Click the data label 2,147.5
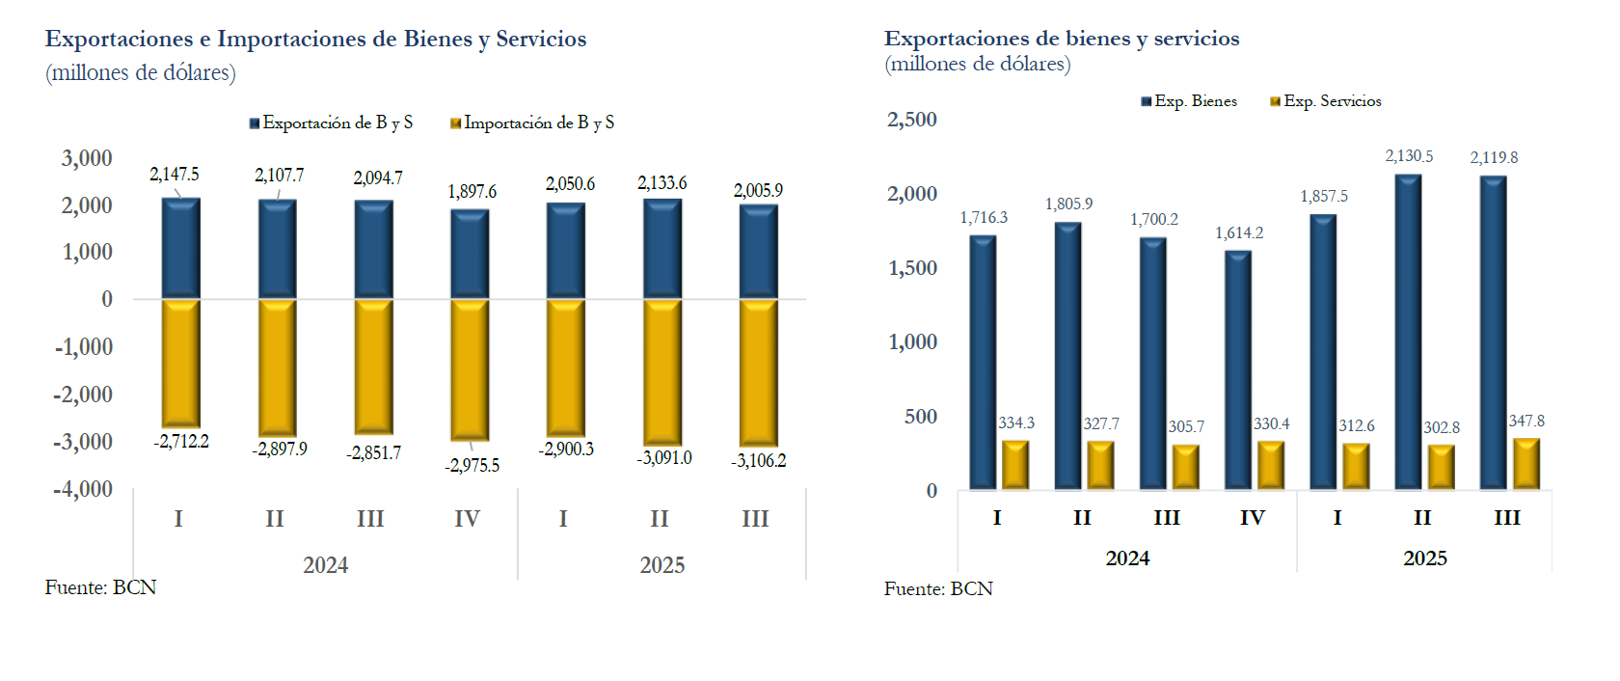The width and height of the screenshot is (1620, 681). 175,175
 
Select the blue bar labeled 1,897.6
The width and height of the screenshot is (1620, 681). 470,254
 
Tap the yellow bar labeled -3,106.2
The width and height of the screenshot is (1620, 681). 759,371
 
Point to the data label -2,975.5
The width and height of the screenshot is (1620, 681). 472,466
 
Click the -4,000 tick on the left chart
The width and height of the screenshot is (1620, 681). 83,489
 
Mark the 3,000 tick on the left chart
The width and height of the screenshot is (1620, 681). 87,158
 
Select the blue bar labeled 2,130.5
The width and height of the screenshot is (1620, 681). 1408,332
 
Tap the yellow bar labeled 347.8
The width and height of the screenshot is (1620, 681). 1526,464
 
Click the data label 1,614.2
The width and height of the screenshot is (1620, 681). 1239,233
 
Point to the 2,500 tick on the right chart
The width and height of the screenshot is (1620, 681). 912,120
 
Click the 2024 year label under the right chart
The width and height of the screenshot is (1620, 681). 1127,558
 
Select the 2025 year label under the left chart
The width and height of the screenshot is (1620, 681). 662,565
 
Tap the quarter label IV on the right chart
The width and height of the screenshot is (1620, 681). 1252,518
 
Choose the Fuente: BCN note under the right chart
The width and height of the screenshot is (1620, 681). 938,589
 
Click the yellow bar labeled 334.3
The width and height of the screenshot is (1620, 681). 1015,465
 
